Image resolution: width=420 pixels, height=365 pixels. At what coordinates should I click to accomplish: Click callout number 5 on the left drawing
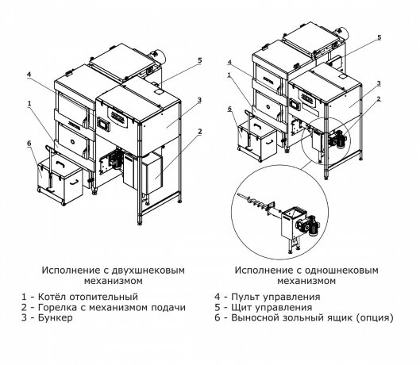(199, 60)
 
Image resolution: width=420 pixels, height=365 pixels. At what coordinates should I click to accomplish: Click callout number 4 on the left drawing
(29, 75)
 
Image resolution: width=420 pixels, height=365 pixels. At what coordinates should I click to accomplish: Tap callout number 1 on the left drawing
(29, 102)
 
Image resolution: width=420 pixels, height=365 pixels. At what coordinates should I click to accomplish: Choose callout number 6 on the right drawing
(230, 109)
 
